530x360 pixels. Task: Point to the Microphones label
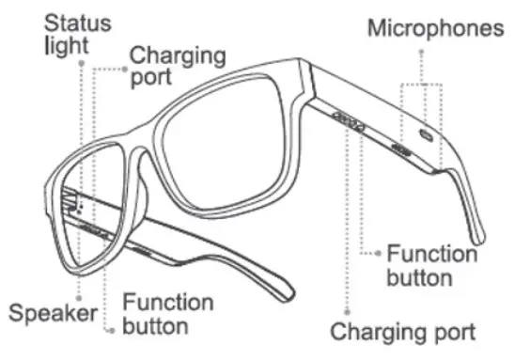(x=435, y=28)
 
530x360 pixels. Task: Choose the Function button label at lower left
(x=167, y=315)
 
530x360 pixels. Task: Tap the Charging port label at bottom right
(x=402, y=332)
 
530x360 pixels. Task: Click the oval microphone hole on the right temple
(x=425, y=135)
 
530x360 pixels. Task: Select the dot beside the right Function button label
(x=378, y=252)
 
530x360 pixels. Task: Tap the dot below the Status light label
(x=82, y=65)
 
